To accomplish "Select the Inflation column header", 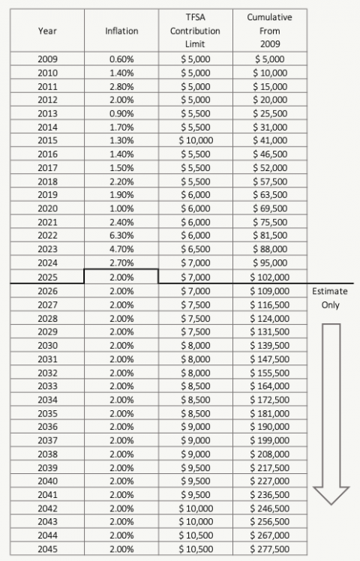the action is [121, 31].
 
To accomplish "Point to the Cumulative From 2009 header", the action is [269, 31].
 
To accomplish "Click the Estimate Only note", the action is [330, 297].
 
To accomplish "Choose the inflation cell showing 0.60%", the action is [121, 58].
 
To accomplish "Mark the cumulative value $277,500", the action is [269, 549].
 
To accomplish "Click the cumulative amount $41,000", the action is [269, 140].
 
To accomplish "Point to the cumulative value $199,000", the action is [269, 440].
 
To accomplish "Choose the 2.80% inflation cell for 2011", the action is [121, 85].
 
